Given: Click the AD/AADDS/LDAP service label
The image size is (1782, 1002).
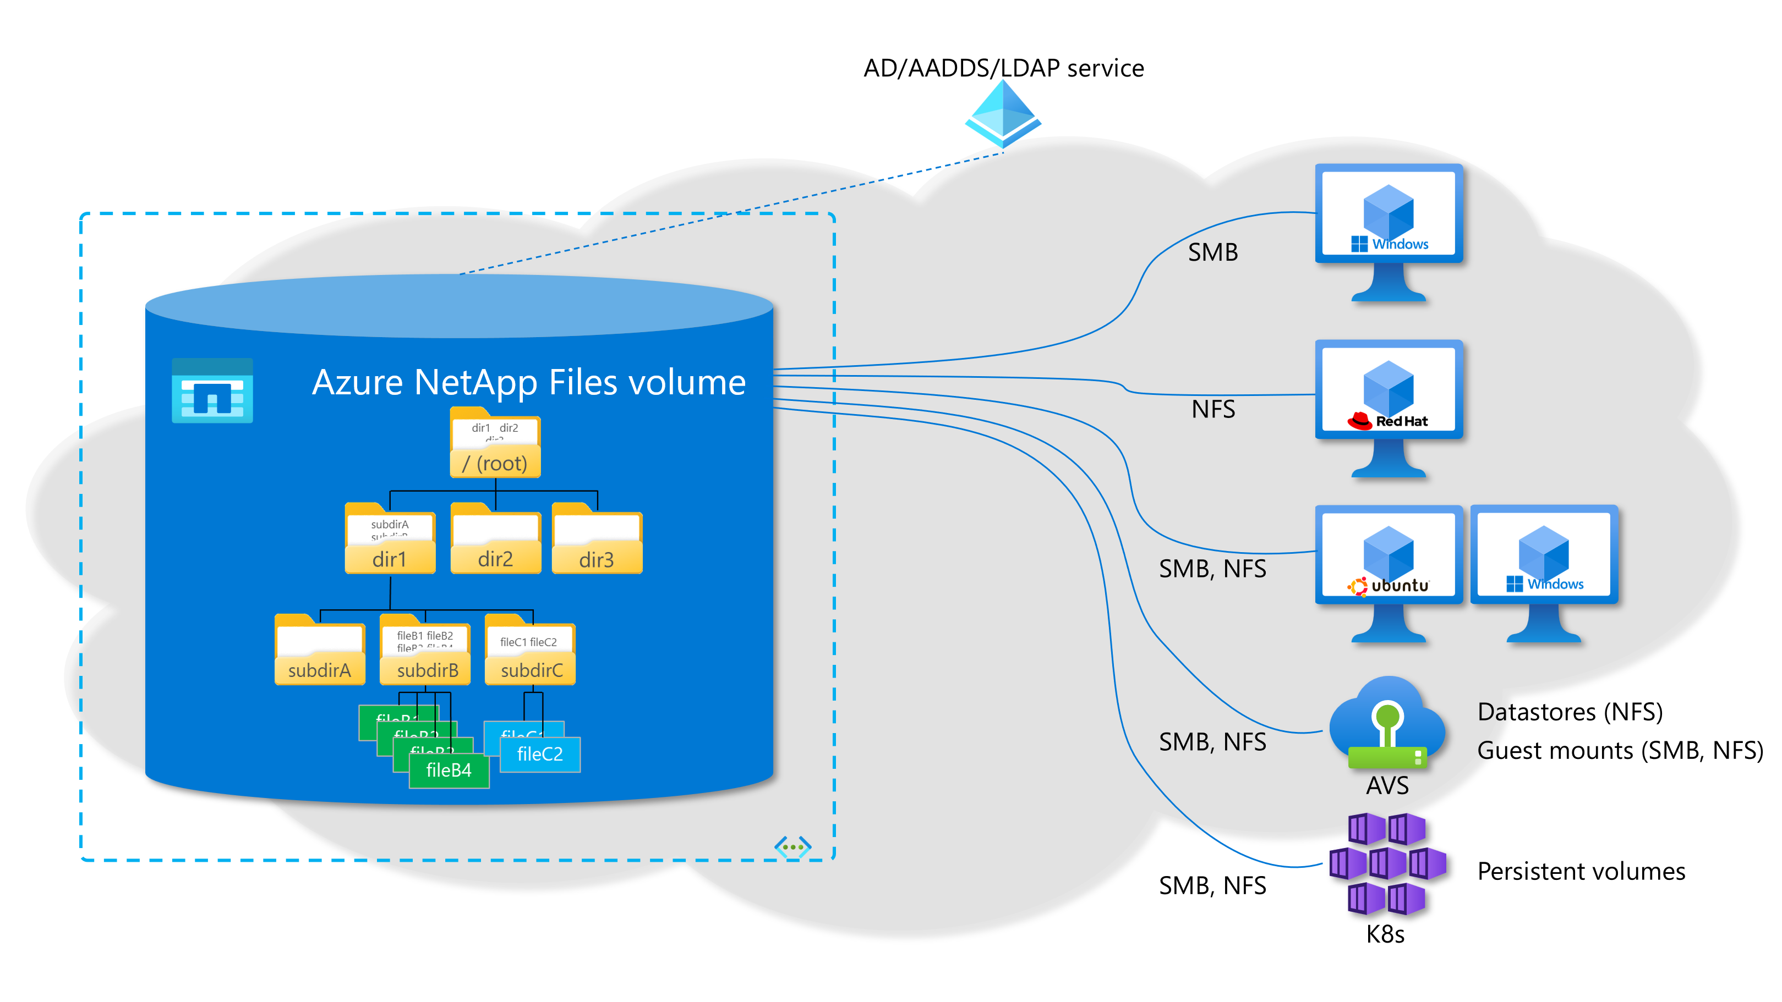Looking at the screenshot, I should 1003,68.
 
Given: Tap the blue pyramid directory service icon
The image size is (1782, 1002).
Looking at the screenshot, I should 1003,114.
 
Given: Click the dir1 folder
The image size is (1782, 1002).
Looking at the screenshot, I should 390,540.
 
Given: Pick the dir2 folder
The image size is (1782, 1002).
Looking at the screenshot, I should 495,540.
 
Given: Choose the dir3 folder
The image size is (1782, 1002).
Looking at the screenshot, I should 597,540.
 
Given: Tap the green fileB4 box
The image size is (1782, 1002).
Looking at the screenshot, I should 449,770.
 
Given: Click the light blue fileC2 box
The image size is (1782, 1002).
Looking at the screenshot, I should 539,755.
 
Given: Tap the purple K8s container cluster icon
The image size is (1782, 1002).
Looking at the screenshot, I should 1387,865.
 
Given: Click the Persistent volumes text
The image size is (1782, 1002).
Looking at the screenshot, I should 1581,871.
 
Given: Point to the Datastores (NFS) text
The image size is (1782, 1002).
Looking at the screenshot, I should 1570,712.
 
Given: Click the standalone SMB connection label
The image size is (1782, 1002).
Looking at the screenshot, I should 1212,252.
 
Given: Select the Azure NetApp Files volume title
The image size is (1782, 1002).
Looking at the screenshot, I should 528,382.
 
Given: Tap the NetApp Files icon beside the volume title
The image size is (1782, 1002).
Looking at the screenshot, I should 212,390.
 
